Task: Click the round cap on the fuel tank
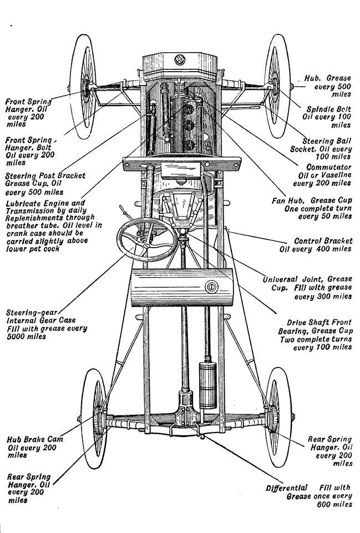210,287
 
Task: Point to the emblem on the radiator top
180,59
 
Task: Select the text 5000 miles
27,336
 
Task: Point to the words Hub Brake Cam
35,439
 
